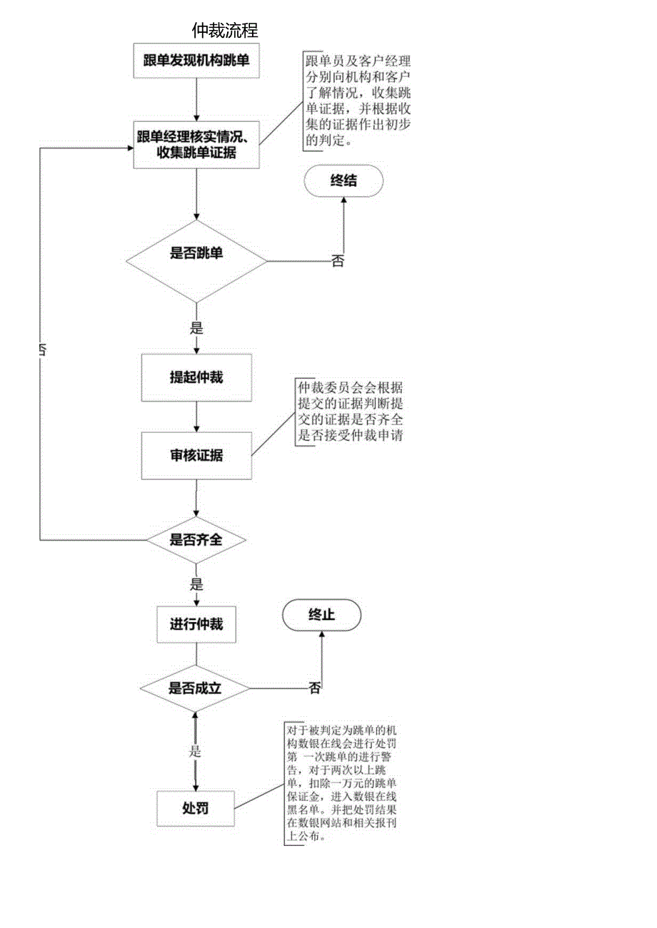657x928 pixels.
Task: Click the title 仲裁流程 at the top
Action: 224,30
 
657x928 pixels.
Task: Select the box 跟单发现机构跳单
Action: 196,61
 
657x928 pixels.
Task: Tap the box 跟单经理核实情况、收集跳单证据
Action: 196,143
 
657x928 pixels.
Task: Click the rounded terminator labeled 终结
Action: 343,181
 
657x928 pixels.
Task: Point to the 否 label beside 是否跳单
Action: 338,261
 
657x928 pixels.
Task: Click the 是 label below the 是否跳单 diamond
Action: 196,328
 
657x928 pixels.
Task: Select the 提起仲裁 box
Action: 196,377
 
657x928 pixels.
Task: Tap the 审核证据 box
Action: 196,455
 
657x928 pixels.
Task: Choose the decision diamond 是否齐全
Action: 196,540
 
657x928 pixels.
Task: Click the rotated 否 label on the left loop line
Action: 42,351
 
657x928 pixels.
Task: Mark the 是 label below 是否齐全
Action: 196,584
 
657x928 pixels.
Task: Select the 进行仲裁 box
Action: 196,624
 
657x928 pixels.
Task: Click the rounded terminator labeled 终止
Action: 321,615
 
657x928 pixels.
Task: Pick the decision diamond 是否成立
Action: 195,689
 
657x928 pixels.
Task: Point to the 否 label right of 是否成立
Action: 315,688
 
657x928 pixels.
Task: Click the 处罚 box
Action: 196,809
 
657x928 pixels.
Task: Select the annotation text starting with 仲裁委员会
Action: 350,412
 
